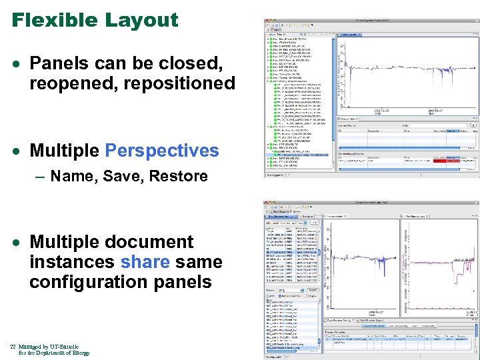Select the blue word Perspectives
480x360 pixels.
click(162, 151)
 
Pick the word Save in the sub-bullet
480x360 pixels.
click(123, 177)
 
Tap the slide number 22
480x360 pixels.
click(13, 347)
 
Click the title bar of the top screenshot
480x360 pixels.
click(371, 21)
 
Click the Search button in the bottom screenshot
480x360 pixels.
click(310, 291)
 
